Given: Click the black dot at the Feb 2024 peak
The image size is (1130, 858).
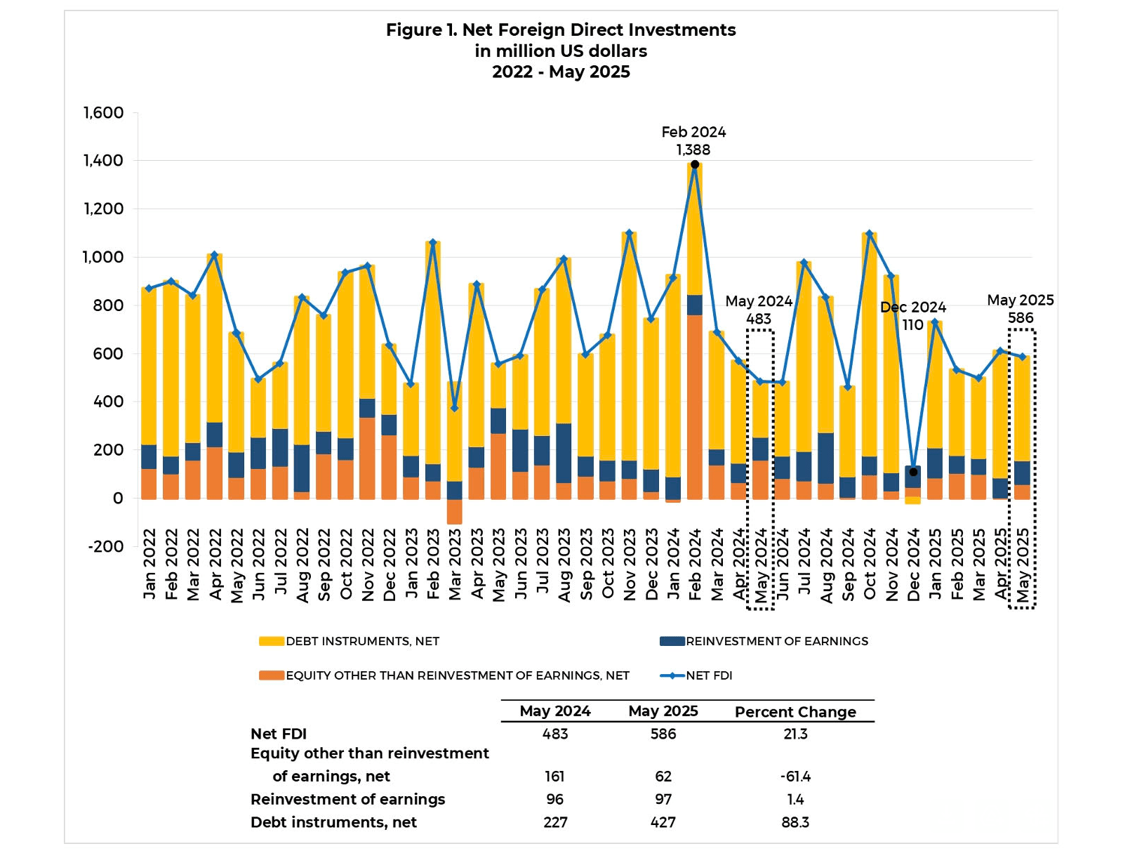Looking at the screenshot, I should pos(695,164).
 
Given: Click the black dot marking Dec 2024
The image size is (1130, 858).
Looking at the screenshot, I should pos(913,472).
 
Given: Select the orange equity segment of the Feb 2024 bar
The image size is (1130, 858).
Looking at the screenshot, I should pos(695,407).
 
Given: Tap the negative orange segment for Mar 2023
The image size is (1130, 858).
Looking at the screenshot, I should pos(455,512).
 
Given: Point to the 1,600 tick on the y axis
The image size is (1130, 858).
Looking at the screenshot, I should pos(103,113).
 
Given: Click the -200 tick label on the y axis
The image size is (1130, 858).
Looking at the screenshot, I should pos(105,546).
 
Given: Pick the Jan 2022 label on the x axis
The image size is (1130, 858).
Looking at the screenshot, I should pos(149,565).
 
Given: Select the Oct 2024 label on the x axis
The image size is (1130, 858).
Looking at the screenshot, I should pos(870,565).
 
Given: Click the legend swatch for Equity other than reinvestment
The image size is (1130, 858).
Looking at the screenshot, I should pos(272,675).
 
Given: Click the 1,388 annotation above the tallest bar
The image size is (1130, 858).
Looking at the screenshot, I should pos(693,150).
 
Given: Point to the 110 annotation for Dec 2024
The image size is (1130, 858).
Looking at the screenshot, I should pos(912,324).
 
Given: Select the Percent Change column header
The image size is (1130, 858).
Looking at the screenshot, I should pos(795,712).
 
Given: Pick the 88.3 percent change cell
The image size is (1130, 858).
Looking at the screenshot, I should pos(795,822).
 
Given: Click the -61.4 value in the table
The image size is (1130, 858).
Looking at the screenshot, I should pos(795,777).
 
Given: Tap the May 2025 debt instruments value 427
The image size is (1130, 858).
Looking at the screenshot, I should pos(663,822).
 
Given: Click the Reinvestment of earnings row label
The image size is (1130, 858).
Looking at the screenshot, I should pos(347,800).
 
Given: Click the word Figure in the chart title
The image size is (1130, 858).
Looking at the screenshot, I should pos(415,30).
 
